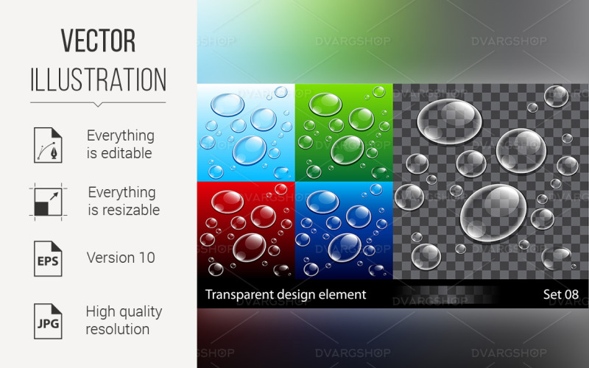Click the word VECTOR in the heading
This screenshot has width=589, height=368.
pyautogui.click(x=98, y=42)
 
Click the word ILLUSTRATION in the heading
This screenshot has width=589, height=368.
pyautogui.click(x=98, y=79)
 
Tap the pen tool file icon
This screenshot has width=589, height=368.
pyautogui.click(x=45, y=144)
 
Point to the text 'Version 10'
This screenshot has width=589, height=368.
pyautogui.click(x=121, y=258)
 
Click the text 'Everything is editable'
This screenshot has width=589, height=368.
pyautogui.click(x=121, y=144)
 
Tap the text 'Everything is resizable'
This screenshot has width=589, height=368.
pyautogui.click(x=122, y=201)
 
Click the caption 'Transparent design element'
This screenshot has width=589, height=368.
pyautogui.click(x=285, y=295)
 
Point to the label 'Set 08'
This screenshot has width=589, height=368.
pyautogui.click(x=560, y=295)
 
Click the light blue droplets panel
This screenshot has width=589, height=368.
pyautogui.click(x=246, y=132)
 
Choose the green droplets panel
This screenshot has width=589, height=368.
pyautogui.click(x=344, y=132)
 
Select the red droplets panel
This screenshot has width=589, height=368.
pyautogui.click(x=246, y=230)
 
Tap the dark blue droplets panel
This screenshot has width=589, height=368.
pyautogui.click(x=344, y=230)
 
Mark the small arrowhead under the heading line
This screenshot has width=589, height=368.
pyautogui.click(x=98, y=105)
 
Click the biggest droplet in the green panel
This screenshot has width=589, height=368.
pyautogui.click(x=348, y=149)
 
